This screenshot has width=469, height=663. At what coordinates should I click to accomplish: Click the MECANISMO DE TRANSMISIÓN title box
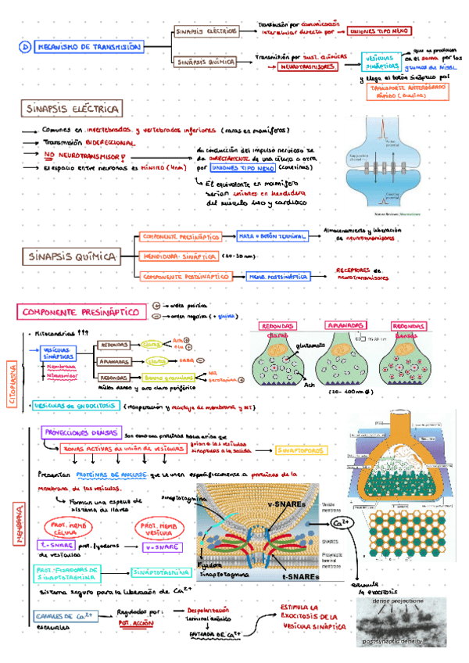89,47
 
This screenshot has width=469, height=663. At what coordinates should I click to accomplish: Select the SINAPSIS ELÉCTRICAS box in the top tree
206,32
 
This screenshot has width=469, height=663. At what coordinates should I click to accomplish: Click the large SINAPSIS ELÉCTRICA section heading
72,109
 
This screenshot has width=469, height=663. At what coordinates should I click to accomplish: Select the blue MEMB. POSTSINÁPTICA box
277,276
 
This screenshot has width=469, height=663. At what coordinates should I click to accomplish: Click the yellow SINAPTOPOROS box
296,450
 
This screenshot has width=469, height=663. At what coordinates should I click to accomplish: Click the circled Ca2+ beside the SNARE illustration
341,521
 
